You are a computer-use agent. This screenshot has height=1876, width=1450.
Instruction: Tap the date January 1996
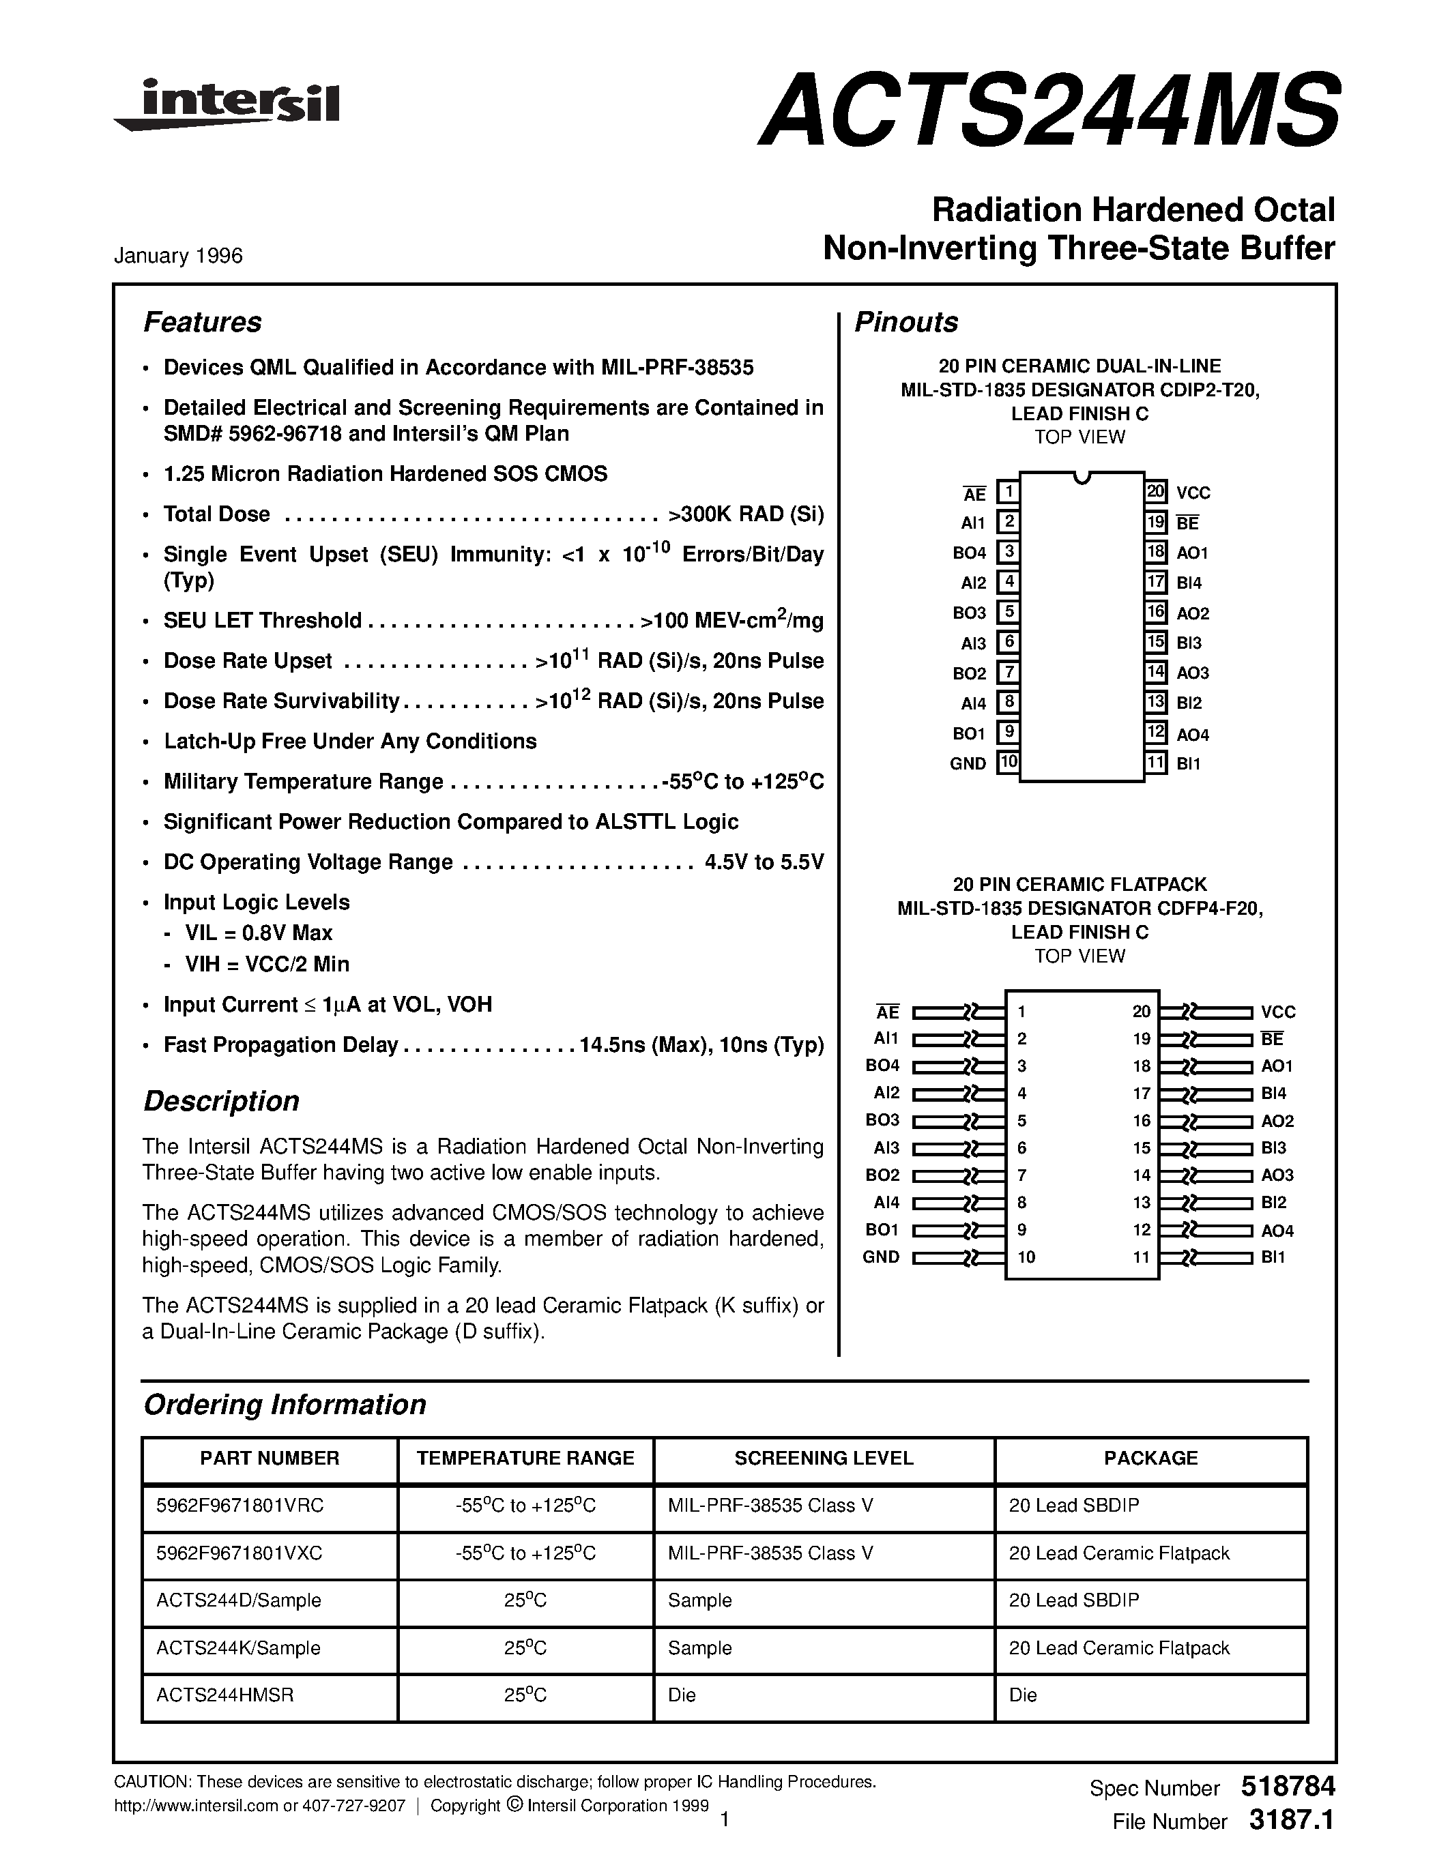tap(179, 256)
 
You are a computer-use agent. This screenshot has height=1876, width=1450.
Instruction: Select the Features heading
tap(203, 322)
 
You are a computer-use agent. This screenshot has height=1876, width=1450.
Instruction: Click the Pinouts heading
tap(906, 322)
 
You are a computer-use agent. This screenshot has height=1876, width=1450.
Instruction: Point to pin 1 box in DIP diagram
tap(1008, 492)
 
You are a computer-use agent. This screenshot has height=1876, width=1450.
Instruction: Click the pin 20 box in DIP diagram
tap(1155, 491)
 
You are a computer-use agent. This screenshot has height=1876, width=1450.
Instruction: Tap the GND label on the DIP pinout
tap(968, 763)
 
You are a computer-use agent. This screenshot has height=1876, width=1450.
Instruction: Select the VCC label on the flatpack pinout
tap(1278, 1012)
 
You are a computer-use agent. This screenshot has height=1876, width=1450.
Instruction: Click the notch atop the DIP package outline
tap(1082, 478)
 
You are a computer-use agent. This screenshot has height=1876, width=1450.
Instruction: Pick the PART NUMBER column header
tap(270, 1458)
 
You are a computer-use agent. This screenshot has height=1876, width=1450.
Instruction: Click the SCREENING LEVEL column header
tap(824, 1458)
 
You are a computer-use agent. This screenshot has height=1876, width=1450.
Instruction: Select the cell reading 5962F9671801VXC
tap(240, 1553)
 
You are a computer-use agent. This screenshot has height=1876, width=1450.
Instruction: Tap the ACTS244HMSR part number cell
tap(225, 1695)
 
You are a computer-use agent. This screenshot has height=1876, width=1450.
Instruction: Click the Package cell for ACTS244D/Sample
tap(1074, 1600)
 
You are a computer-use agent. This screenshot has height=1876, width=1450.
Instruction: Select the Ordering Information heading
tap(285, 1405)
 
